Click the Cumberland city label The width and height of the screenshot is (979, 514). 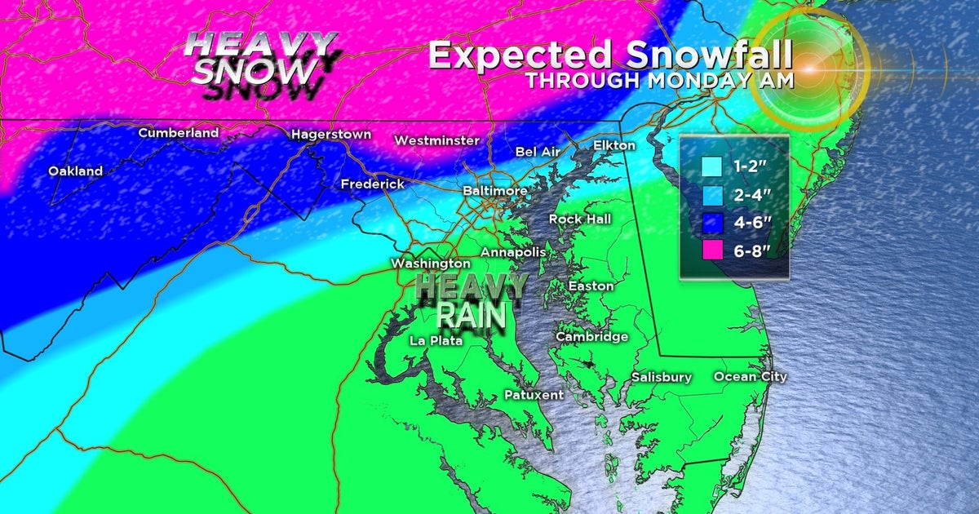pos(178,132)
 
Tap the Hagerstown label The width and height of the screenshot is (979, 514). pos(331,134)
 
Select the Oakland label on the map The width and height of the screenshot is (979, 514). pos(75,171)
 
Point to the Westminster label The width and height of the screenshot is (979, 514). pos(436,140)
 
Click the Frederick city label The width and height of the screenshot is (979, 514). pos(372,184)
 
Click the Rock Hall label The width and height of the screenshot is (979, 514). pos(579,219)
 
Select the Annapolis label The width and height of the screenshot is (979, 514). pos(512,252)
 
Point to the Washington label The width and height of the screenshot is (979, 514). pos(430,264)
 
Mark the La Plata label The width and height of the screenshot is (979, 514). pos(434,340)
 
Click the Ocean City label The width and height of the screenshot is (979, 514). pos(750,376)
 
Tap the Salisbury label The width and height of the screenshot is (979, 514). pos(662,377)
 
